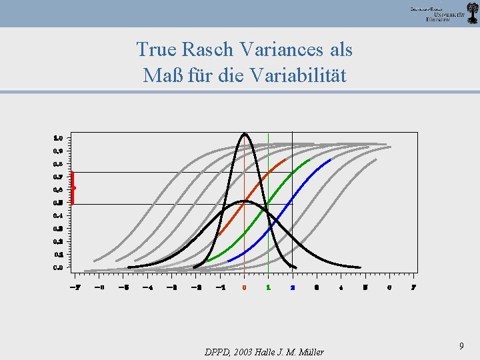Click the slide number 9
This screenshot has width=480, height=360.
coord(461,345)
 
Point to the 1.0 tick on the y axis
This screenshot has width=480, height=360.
coord(59,138)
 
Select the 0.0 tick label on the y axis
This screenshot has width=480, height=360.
coord(59,267)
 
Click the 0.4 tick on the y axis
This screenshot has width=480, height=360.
coord(59,216)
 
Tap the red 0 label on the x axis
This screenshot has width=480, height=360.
coord(244,287)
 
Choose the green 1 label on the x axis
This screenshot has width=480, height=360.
coord(268,287)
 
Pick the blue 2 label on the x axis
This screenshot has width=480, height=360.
coord(293,287)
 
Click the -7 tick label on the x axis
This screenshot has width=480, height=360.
coord(75,287)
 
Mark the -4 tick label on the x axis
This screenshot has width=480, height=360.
coord(147,287)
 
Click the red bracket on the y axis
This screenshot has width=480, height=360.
coord(72,188)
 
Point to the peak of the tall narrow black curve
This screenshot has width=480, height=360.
coord(245,134)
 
